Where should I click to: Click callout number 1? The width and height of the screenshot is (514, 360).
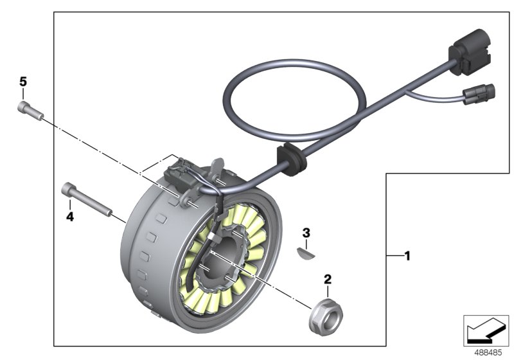pyautogui.click(x=406, y=256)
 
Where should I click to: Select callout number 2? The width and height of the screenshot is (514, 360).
pyautogui.click(x=328, y=280)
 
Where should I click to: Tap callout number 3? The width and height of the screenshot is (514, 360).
pyautogui.click(x=306, y=231)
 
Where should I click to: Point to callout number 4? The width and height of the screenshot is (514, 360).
pyautogui.click(x=70, y=217)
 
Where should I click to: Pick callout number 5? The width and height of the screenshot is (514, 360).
pyautogui.click(x=23, y=82)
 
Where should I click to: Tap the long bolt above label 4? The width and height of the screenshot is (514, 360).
pyautogui.click(x=86, y=199)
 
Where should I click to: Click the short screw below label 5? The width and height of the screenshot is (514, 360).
pyautogui.click(x=29, y=111)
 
